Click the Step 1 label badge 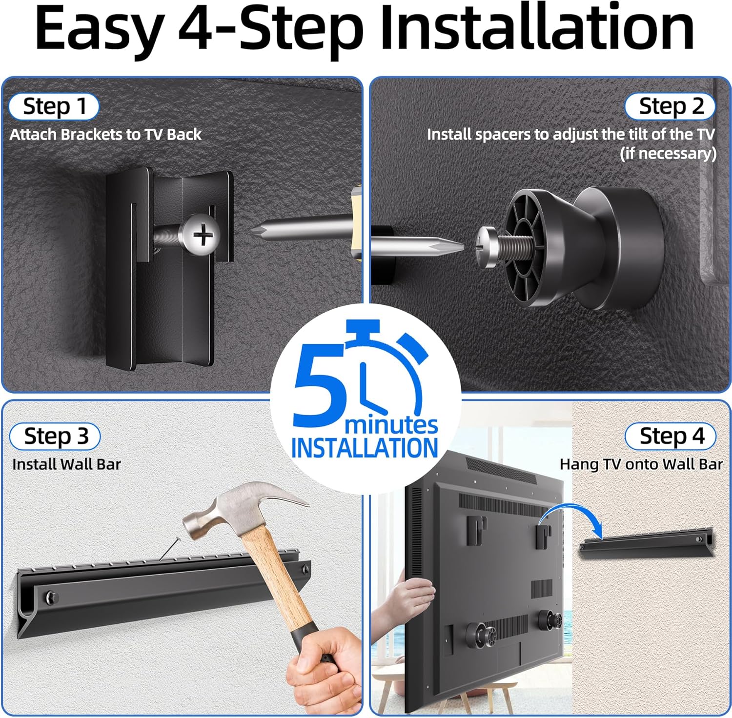(54, 106)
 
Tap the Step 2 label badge (671, 106)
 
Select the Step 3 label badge (55, 436)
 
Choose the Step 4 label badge (671, 436)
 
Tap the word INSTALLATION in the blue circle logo (365, 448)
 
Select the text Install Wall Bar (67, 464)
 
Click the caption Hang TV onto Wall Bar (641, 464)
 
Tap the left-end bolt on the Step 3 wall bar (51, 597)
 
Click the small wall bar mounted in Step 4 (647, 544)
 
